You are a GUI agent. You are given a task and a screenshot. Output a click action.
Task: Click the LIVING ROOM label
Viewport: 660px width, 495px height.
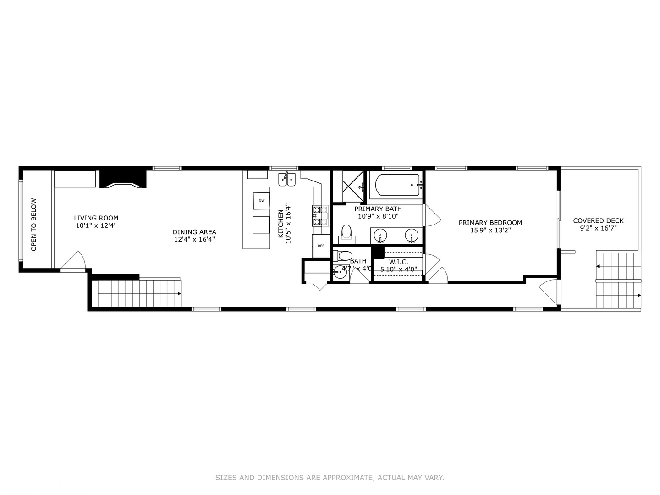[96, 218]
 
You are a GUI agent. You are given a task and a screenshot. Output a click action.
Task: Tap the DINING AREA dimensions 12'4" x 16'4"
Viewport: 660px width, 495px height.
[194, 239]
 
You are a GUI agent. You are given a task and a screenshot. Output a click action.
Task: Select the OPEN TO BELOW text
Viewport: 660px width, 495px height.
[33, 225]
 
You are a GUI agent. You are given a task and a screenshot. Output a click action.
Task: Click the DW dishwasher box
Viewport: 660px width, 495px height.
[261, 201]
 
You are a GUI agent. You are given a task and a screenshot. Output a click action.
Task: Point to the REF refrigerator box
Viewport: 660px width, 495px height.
[321, 246]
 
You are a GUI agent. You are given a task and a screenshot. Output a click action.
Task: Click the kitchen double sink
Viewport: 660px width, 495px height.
[288, 180]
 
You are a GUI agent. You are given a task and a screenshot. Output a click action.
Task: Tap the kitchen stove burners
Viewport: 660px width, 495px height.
[320, 216]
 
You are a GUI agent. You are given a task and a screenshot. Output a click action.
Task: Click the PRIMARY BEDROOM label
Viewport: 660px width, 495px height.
[490, 223]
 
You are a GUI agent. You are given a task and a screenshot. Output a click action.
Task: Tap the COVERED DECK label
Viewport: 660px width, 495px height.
[598, 220]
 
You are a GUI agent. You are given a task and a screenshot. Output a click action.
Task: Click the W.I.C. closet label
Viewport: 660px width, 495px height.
[398, 262]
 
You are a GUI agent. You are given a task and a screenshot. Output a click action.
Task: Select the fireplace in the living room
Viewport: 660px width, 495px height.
[123, 179]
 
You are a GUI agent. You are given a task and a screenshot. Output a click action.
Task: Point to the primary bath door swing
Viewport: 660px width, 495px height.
[433, 215]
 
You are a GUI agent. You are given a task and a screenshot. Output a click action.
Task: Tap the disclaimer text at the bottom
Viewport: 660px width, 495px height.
[330, 478]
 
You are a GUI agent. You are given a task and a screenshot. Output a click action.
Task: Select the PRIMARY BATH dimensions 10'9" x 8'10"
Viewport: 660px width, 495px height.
[378, 216]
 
